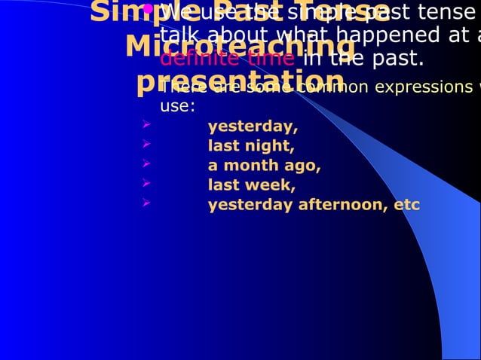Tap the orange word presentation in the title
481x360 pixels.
click(x=240, y=81)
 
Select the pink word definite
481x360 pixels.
click(x=198, y=59)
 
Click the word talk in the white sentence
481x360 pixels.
click(x=177, y=35)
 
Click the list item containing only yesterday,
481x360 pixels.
click(x=253, y=126)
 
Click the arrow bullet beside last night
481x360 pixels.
click(x=147, y=145)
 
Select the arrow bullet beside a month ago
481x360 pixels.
click(x=147, y=164)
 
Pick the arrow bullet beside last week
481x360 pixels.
click(x=147, y=184)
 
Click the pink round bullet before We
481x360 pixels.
click(x=149, y=10)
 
